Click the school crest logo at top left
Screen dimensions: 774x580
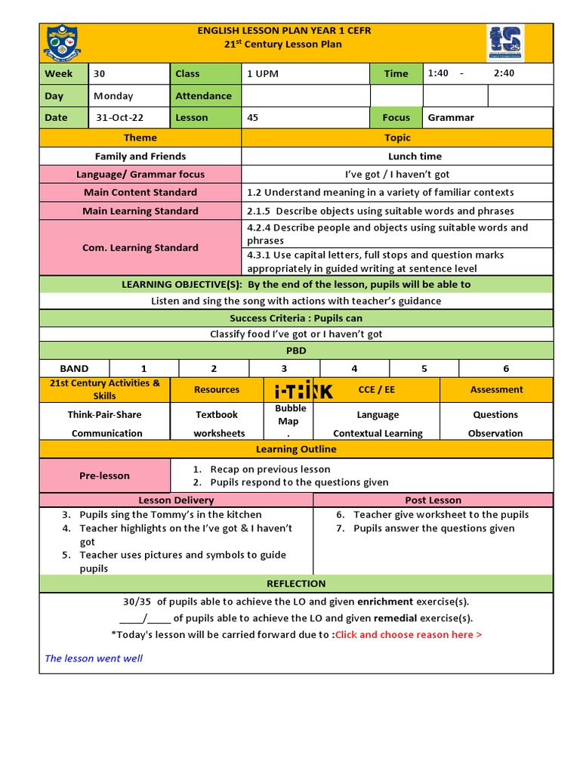63,42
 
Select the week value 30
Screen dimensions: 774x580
100,73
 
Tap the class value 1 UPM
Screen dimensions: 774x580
262,73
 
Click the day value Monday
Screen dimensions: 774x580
113,96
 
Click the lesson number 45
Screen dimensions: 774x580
252,117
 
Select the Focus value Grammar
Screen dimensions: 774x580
451,117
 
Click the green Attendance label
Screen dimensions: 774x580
204,96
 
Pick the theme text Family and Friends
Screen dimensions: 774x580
140,156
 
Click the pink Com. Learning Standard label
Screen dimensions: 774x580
140,247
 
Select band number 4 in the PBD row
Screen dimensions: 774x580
354,368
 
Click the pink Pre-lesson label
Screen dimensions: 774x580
104,475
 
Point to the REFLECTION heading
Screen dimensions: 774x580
296,584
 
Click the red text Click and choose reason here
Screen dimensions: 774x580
409,634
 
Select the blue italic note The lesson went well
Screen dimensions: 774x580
94,658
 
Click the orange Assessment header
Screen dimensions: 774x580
496,389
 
